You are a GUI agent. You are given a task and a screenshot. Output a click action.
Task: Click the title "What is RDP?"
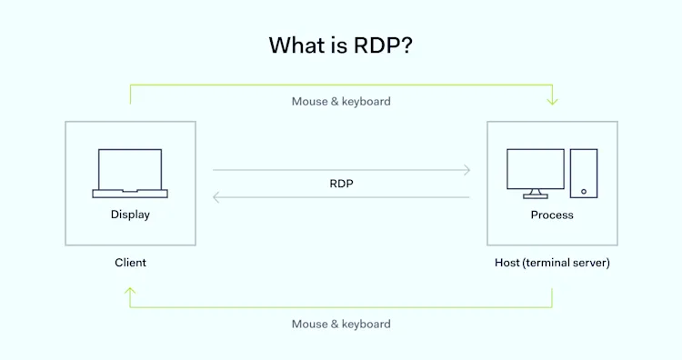point(341,45)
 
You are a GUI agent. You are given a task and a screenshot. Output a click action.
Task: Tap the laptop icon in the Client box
point(130,173)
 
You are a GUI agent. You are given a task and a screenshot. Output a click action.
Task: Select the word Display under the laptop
point(130,215)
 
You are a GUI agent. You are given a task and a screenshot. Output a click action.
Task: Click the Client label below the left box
point(130,263)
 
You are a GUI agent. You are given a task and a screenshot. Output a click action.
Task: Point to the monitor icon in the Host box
point(536,170)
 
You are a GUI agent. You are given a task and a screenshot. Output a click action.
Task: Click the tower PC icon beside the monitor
point(584,173)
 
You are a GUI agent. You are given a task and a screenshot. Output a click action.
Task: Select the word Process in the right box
point(552,215)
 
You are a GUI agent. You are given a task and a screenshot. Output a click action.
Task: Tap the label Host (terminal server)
point(552,263)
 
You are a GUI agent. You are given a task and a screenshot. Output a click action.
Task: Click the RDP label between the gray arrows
point(341,184)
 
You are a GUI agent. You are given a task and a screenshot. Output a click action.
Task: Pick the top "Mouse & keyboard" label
point(341,102)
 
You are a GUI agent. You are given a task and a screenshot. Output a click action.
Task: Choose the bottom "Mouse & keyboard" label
point(341,324)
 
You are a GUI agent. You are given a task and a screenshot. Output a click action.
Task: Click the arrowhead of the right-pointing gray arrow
point(466,170)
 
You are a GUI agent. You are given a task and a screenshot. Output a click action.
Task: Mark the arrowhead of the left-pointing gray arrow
point(216,197)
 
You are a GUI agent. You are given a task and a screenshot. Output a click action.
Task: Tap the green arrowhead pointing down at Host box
point(552,101)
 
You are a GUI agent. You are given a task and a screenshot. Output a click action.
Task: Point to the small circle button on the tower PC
point(584,191)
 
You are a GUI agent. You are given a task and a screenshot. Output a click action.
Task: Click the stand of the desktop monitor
point(536,193)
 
